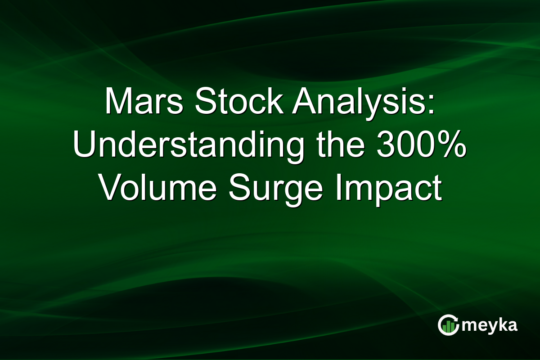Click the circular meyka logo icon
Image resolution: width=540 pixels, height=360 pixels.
(x=448, y=325)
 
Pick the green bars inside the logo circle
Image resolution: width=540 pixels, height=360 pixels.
(x=448, y=328)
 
